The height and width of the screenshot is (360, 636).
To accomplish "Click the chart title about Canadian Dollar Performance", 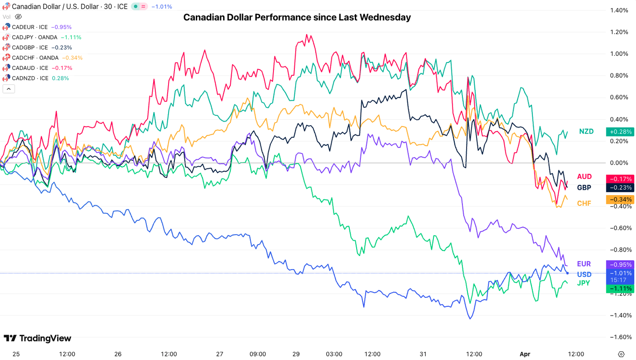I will (297, 17).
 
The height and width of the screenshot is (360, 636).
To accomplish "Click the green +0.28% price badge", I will (620, 132).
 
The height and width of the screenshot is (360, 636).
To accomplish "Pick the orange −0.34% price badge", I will (620, 200).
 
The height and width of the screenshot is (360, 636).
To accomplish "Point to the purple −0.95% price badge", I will (620, 265).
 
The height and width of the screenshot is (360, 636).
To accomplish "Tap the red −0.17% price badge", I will (620, 179).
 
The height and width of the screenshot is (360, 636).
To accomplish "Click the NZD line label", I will (586, 132).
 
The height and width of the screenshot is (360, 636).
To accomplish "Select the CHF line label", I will (584, 203).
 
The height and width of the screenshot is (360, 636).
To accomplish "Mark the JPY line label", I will (583, 283).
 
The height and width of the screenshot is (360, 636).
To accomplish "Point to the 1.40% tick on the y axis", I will (621, 10).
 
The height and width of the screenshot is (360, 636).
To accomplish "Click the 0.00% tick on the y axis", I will (621, 163).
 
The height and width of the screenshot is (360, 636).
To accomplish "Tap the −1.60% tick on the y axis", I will (621, 337).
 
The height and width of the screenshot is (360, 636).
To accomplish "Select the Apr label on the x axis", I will (525, 354).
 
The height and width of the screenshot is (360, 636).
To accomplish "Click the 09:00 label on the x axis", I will (258, 354).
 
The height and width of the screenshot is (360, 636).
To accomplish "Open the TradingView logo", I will (37, 338).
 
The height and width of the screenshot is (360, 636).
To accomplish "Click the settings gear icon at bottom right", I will (621, 354).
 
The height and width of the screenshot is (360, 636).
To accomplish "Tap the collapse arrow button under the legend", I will (9, 89).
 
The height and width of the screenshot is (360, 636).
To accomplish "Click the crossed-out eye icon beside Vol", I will (18, 17).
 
